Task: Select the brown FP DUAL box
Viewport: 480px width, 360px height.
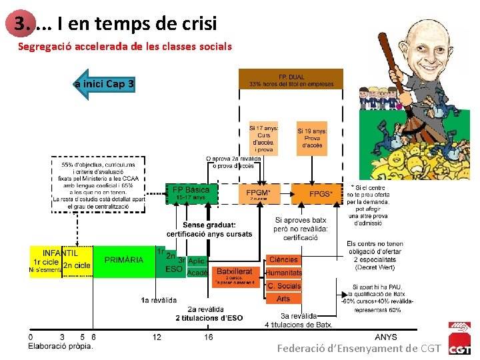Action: (291, 79)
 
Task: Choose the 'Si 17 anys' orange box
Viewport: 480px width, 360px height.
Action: (264, 139)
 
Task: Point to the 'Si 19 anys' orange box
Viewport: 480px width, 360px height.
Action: (311, 139)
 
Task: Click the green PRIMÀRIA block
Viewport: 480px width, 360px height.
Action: (124, 261)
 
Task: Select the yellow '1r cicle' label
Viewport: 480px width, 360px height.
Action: (45, 262)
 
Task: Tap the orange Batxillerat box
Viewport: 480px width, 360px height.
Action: (235, 275)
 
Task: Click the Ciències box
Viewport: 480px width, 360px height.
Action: (283, 259)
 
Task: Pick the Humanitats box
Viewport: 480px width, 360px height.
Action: (284, 273)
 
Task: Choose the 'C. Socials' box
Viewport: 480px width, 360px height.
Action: (284, 286)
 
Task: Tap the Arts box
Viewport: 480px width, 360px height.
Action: (284, 299)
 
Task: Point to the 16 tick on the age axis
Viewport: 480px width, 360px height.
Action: (209, 337)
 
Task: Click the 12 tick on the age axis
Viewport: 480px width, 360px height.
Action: (157, 337)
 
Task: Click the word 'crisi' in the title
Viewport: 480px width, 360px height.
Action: (196, 25)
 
